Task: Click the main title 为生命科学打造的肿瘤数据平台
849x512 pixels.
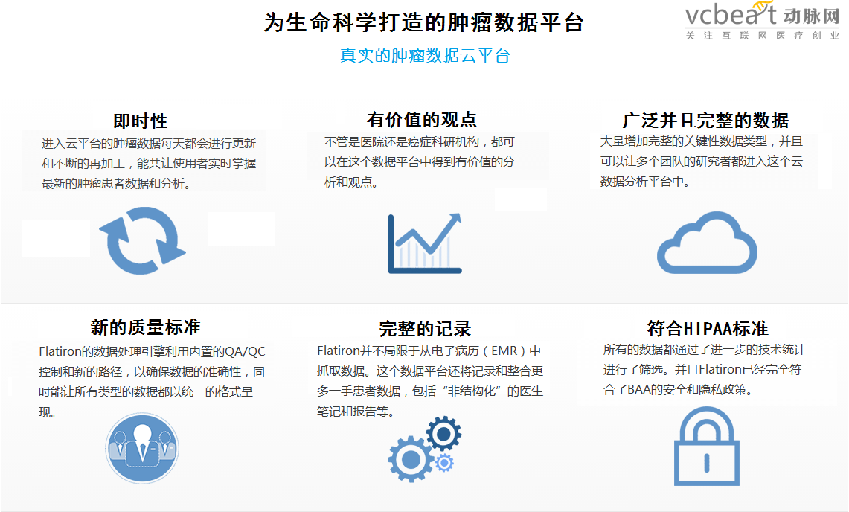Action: tap(424, 23)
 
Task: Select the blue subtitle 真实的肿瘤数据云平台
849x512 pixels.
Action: tap(425, 55)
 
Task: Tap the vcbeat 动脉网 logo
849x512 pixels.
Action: tap(763, 21)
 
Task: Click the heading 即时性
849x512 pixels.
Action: tap(140, 121)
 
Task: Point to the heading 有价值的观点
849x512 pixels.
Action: tap(422, 119)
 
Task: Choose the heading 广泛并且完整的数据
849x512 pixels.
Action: tap(705, 120)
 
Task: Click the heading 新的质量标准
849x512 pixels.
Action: tap(146, 327)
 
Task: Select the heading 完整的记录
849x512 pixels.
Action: tap(425, 328)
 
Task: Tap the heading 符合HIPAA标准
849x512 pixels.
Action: tap(708, 327)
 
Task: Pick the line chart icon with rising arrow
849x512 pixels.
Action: tap(424, 243)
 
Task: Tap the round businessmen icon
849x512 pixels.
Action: tap(142, 448)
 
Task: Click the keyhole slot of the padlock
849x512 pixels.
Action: tap(707, 462)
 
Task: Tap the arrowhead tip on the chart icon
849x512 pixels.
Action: tap(460, 214)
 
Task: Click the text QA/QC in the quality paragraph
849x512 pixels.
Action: tap(245, 351)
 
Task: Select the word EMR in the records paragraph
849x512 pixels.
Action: tap(504, 351)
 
